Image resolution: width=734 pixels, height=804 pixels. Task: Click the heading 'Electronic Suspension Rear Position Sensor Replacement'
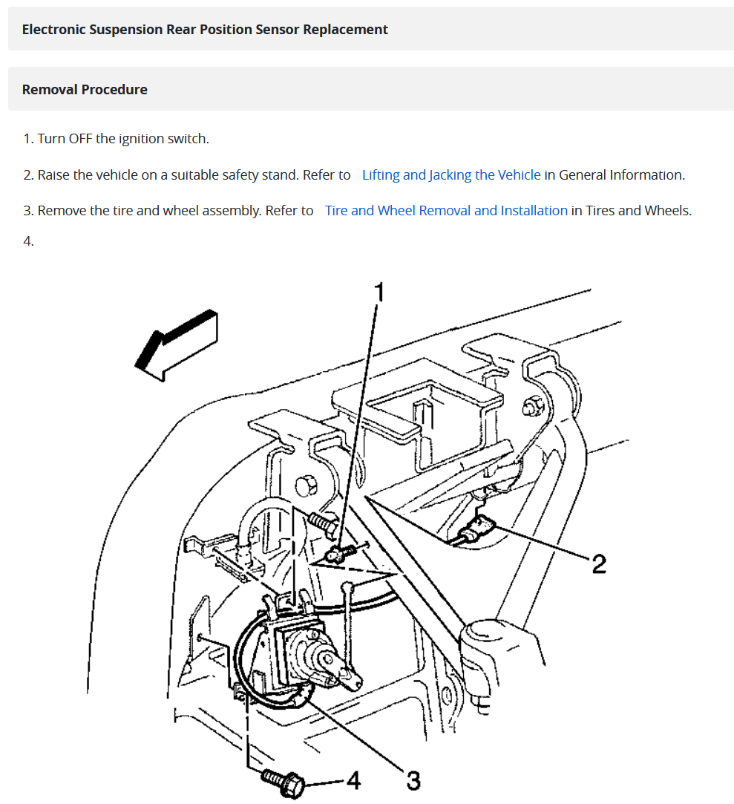tap(205, 30)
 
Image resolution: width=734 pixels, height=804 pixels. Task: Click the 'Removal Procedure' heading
tap(85, 90)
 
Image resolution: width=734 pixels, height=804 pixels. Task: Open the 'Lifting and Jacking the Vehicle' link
tap(450, 175)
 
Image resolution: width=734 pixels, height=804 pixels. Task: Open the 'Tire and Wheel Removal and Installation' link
tap(446, 211)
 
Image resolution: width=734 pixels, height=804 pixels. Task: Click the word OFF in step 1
tap(80, 139)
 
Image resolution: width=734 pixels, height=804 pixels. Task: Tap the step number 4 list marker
tap(28, 241)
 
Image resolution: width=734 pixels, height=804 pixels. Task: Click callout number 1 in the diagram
tap(379, 292)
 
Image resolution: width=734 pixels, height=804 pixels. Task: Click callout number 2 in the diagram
tap(598, 563)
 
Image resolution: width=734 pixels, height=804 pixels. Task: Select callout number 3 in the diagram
tap(413, 780)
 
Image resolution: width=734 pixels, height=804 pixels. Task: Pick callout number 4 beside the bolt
tap(353, 780)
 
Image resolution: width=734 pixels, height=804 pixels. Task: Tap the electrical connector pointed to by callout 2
tap(474, 532)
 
